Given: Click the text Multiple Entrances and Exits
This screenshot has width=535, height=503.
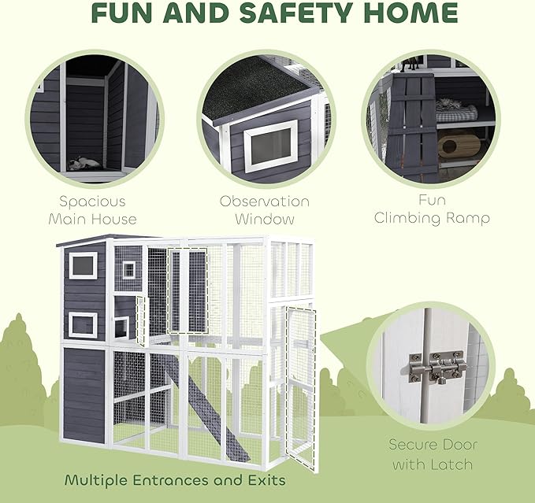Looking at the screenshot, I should (x=175, y=479).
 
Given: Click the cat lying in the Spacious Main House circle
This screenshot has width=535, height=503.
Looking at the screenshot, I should (x=82, y=163).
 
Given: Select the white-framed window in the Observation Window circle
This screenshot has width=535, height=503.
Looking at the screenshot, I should (x=270, y=147).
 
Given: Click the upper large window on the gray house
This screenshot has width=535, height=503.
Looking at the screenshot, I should (x=83, y=265).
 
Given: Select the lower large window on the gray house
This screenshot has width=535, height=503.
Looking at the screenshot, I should (x=83, y=324).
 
